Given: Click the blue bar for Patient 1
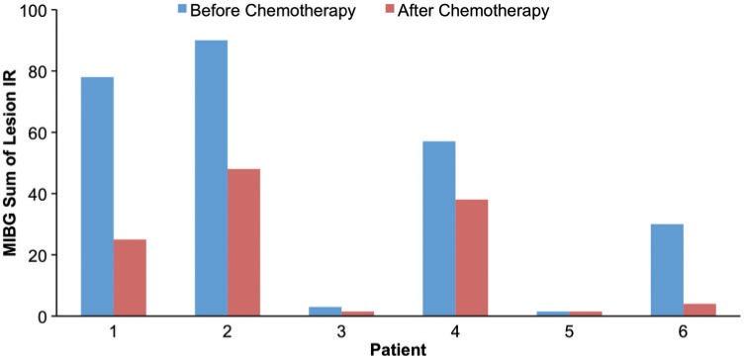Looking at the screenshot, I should [x=97, y=197].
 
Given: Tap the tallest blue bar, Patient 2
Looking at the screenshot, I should [x=211, y=178].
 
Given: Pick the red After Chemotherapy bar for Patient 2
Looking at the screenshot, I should [x=243, y=242].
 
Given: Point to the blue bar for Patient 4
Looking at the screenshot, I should [x=439, y=228].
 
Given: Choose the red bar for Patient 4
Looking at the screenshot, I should [x=472, y=258].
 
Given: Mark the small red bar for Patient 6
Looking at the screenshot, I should [x=699, y=310].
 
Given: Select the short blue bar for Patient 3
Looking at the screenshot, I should [x=325, y=312].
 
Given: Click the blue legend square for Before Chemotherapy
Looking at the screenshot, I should [x=184, y=12].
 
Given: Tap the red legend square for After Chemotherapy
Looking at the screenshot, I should [x=388, y=12].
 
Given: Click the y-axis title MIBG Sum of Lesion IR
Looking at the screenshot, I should [x=12, y=163].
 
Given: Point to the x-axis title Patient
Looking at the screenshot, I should [x=399, y=349].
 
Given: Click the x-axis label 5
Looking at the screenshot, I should [x=569, y=331].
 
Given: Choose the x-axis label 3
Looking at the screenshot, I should [x=341, y=331].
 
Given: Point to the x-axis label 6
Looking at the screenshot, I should [x=684, y=331].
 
